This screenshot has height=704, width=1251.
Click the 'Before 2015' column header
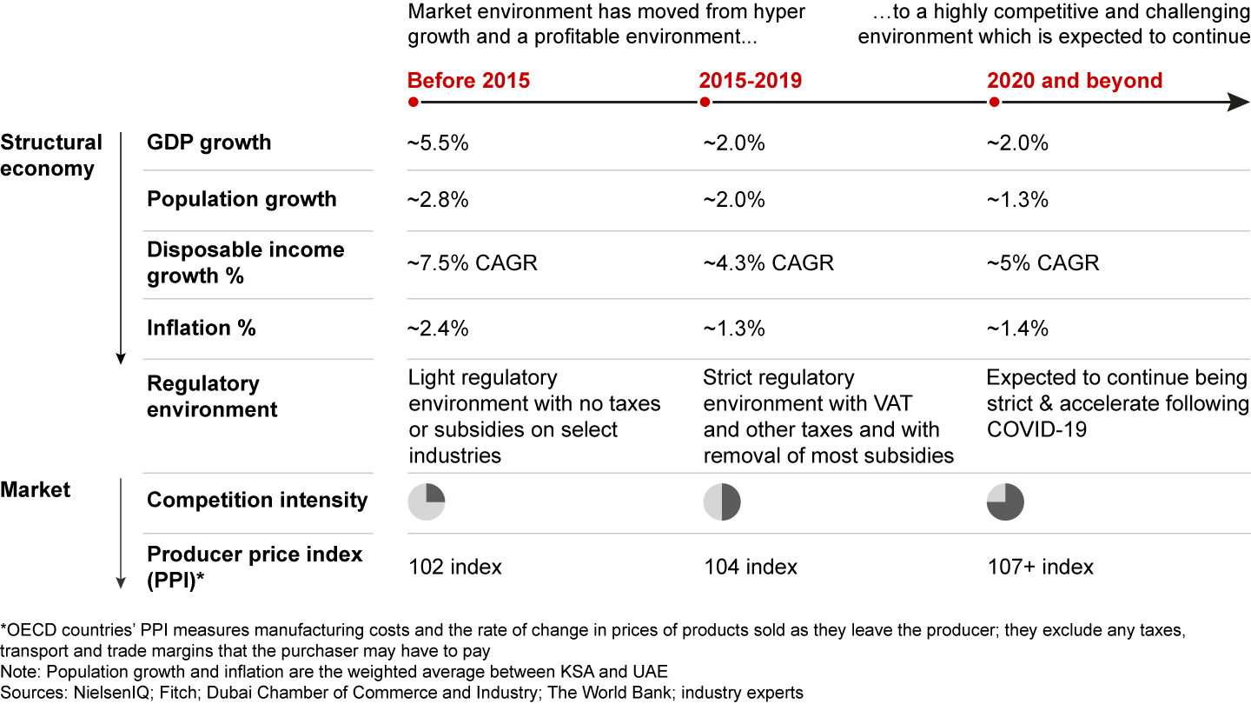coord(468,81)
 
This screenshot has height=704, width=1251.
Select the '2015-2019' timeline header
coord(751,81)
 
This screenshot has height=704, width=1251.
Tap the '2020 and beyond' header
coord(1075,81)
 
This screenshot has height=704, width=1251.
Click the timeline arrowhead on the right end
coord(1239,103)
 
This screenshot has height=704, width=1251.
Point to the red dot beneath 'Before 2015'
coord(414,103)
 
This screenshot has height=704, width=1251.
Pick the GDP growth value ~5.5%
coord(439,143)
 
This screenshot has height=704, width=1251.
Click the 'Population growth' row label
coord(242,199)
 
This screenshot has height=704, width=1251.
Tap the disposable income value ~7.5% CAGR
coord(473,262)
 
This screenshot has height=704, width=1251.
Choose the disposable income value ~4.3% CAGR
coord(768,262)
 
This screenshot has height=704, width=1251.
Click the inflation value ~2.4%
coord(439,329)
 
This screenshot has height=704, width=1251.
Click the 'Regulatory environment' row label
coord(212,396)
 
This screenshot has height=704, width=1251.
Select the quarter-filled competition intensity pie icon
coord(427,502)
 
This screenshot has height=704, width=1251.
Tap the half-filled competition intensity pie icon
coord(722,502)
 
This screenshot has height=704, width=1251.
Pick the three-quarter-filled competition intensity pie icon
coord(1006,502)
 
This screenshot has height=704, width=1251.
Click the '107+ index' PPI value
coord(1040,568)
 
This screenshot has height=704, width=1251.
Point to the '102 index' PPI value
coord(455,568)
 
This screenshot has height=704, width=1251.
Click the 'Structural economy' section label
coord(51,156)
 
